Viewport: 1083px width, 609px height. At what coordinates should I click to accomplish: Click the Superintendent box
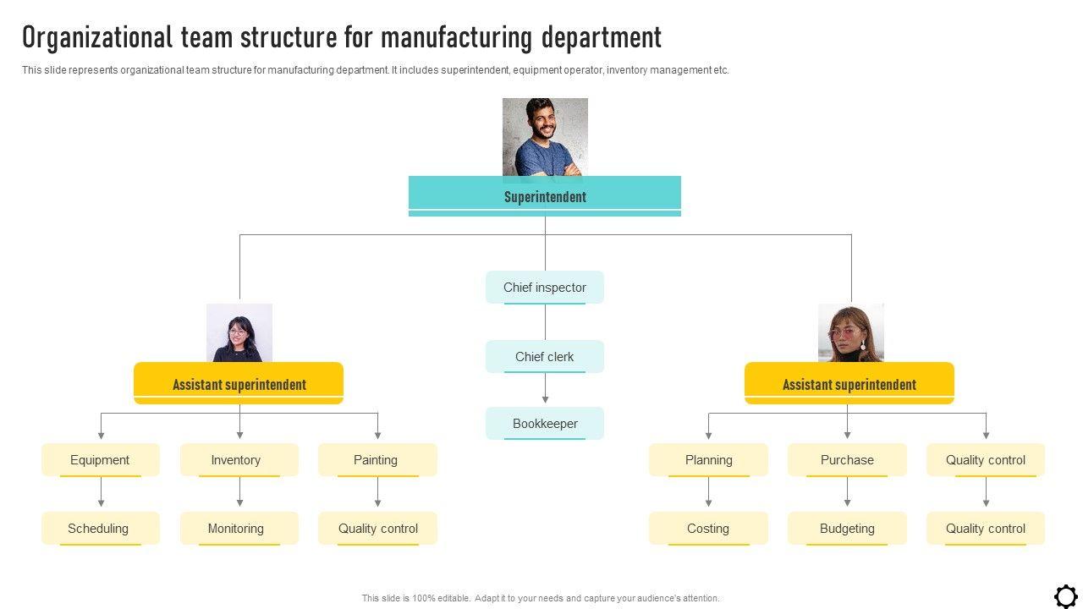click(x=545, y=196)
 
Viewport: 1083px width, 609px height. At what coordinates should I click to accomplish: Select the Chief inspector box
click(x=545, y=288)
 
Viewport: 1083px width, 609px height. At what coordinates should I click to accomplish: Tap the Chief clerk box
click(x=545, y=357)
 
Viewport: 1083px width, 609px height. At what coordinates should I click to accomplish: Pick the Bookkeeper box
click(x=545, y=424)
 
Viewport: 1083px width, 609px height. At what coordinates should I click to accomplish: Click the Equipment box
click(x=101, y=460)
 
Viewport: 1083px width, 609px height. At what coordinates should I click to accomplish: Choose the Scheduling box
click(x=101, y=529)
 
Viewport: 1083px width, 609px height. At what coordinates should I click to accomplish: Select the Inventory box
click(x=239, y=460)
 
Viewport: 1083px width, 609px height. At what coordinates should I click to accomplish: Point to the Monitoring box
click(x=239, y=529)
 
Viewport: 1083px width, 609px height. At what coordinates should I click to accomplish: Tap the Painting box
click(x=377, y=460)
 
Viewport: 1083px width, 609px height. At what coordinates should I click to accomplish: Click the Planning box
click(x=708, y=460)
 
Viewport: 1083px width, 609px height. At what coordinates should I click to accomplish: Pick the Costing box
click(x=708, y=529)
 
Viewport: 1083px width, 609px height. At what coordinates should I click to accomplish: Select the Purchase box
click(x=847, y=460)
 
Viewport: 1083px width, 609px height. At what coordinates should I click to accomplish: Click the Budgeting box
click(x=847, y=529)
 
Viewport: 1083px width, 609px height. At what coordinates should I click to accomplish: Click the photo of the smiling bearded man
click(x=545, y=137)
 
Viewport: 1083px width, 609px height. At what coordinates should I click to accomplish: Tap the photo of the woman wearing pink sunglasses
click(x=850, y=332)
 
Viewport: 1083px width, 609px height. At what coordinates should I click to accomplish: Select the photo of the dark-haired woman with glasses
click(x=239, y=332)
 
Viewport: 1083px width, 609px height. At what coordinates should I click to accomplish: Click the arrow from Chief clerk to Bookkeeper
click(x=545, y=389)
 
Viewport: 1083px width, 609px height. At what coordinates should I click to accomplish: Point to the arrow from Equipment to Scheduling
click(x=101, y=493)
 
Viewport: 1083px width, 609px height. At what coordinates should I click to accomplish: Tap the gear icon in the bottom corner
click(x=1066, y=595)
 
